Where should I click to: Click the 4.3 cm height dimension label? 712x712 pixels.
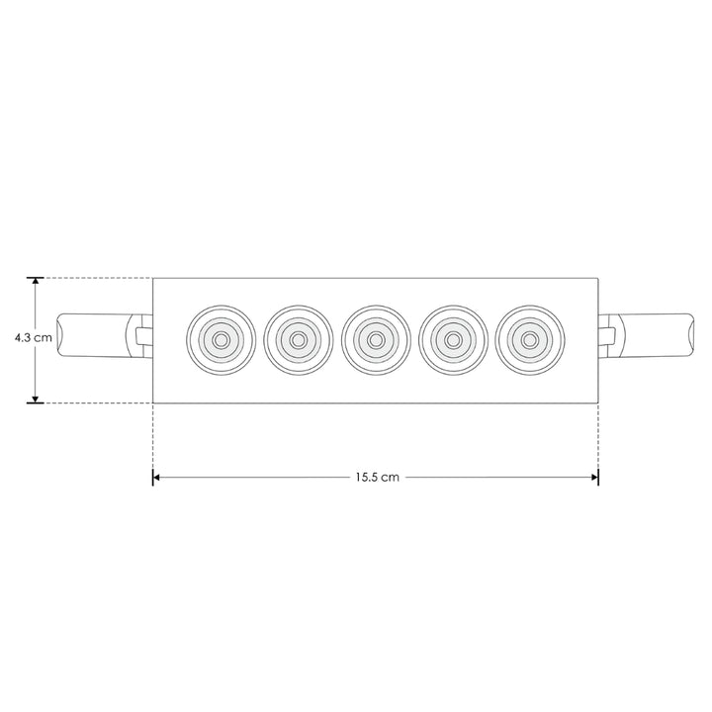(34, 338)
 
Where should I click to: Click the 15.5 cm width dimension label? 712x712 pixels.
(377, 477)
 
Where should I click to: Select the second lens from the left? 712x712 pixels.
(298, 339)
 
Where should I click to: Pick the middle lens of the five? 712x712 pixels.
(376, 339)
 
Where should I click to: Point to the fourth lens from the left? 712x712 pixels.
(453, 339)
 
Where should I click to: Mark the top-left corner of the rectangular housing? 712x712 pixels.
(153, 277)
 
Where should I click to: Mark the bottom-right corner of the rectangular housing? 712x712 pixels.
(598, 402)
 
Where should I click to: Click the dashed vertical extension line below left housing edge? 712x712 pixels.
(153, 435)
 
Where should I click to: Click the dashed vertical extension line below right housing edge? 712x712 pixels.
(598, 435)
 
